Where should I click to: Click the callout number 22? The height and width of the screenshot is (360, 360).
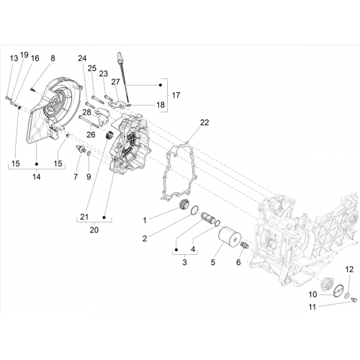coord(204,122)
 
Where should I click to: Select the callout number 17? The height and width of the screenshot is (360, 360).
coord(176,95)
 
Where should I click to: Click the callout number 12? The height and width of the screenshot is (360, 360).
coord(349,269)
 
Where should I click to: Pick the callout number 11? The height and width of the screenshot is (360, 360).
coord(312,307)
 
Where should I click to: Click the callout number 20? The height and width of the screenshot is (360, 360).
coord(94,230)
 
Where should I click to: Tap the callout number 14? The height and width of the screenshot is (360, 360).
coord(37,177)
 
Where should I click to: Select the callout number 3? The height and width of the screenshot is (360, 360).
coord(184,262)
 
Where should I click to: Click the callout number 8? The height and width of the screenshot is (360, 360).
coord(53,58)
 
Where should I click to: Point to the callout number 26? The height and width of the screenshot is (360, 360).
coord(91,135)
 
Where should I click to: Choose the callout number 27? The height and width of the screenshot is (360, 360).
coord(115,82)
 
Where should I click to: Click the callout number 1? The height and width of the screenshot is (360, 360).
coord(145,220)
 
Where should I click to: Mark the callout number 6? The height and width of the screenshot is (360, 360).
coord(238,262)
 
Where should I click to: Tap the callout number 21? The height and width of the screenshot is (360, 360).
coord(84,217)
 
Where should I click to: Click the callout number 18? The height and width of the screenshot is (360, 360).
coord(161,104)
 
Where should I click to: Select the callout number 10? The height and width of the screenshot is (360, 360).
coord(312,294)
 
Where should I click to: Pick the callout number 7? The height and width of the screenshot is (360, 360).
coord(76,177)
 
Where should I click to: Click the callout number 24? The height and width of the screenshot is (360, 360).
coord(82,58)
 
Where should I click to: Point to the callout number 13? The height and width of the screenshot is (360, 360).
coord(14,58)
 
